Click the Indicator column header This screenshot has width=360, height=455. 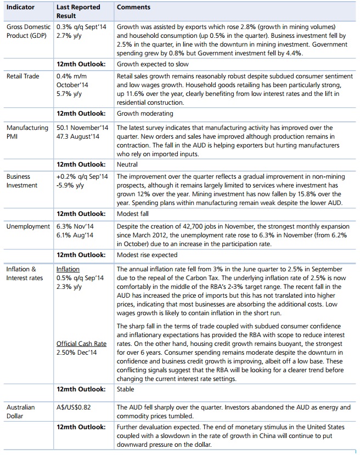pyautogui.click(x=20, y=8)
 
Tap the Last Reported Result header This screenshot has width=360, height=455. pyautogui.click(x=78, y=12)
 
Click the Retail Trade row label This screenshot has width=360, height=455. pyautogui.click(x=22, y=76)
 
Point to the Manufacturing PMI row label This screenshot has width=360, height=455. pyautogui.click(x=27, y=132)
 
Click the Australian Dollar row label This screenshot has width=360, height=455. pyautogui.click(x=20, y=412)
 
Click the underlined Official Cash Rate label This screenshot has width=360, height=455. pyautogui.click(x=81, y=344)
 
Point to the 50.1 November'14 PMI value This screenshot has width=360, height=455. pyautogui.click(x=82, y=128)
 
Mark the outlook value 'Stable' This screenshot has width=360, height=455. pyautogui.click(x=126, y=389)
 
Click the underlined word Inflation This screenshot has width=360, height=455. pyautogui.click(x=68, y=269)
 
